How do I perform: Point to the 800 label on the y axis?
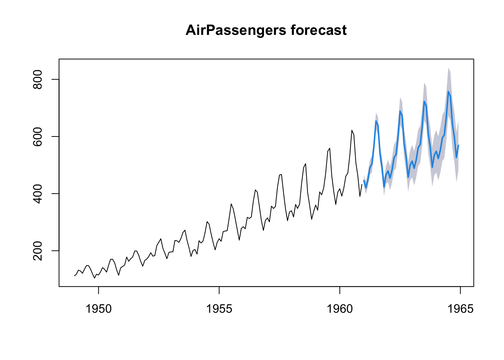[x=37, y=79]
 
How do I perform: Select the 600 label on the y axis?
[x=37, y=136]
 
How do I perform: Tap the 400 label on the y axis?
[x=37, y=193]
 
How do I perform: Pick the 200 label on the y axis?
[x=37, y=250]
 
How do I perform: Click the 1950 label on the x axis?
[x=99, y=309]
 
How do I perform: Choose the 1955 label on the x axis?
[x=219, y=309]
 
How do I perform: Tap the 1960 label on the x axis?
[x=340, y=309]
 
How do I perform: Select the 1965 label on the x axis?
[x=460, y=309]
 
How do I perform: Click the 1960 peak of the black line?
[x=352, y=130]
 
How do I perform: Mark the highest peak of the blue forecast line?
[x=448, y=91]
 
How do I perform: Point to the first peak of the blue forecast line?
[x=376, y=121]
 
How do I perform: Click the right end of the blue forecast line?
[x=458, y=145]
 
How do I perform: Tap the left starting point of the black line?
[x=74, y=276]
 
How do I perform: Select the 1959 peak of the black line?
[x=330, y=148]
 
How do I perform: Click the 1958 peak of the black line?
[x=306, y=163]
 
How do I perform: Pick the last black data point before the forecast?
[x=362, y=184]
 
